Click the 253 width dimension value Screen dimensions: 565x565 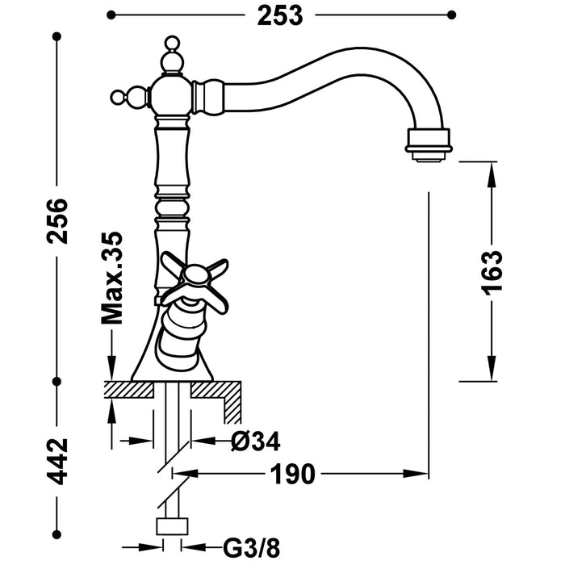[280, 15]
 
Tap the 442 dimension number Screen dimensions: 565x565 [56, 460]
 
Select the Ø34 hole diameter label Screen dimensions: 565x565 [254, 442]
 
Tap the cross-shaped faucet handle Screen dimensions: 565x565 [194, 279]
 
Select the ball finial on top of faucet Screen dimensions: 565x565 [170, 44]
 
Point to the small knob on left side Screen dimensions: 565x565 [118, 98]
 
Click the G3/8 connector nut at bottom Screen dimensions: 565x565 [171, 527]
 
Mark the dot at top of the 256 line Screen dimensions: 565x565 [56, 37]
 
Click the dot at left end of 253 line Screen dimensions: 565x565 [111, 15]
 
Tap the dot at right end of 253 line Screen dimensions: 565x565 [451, 15]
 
